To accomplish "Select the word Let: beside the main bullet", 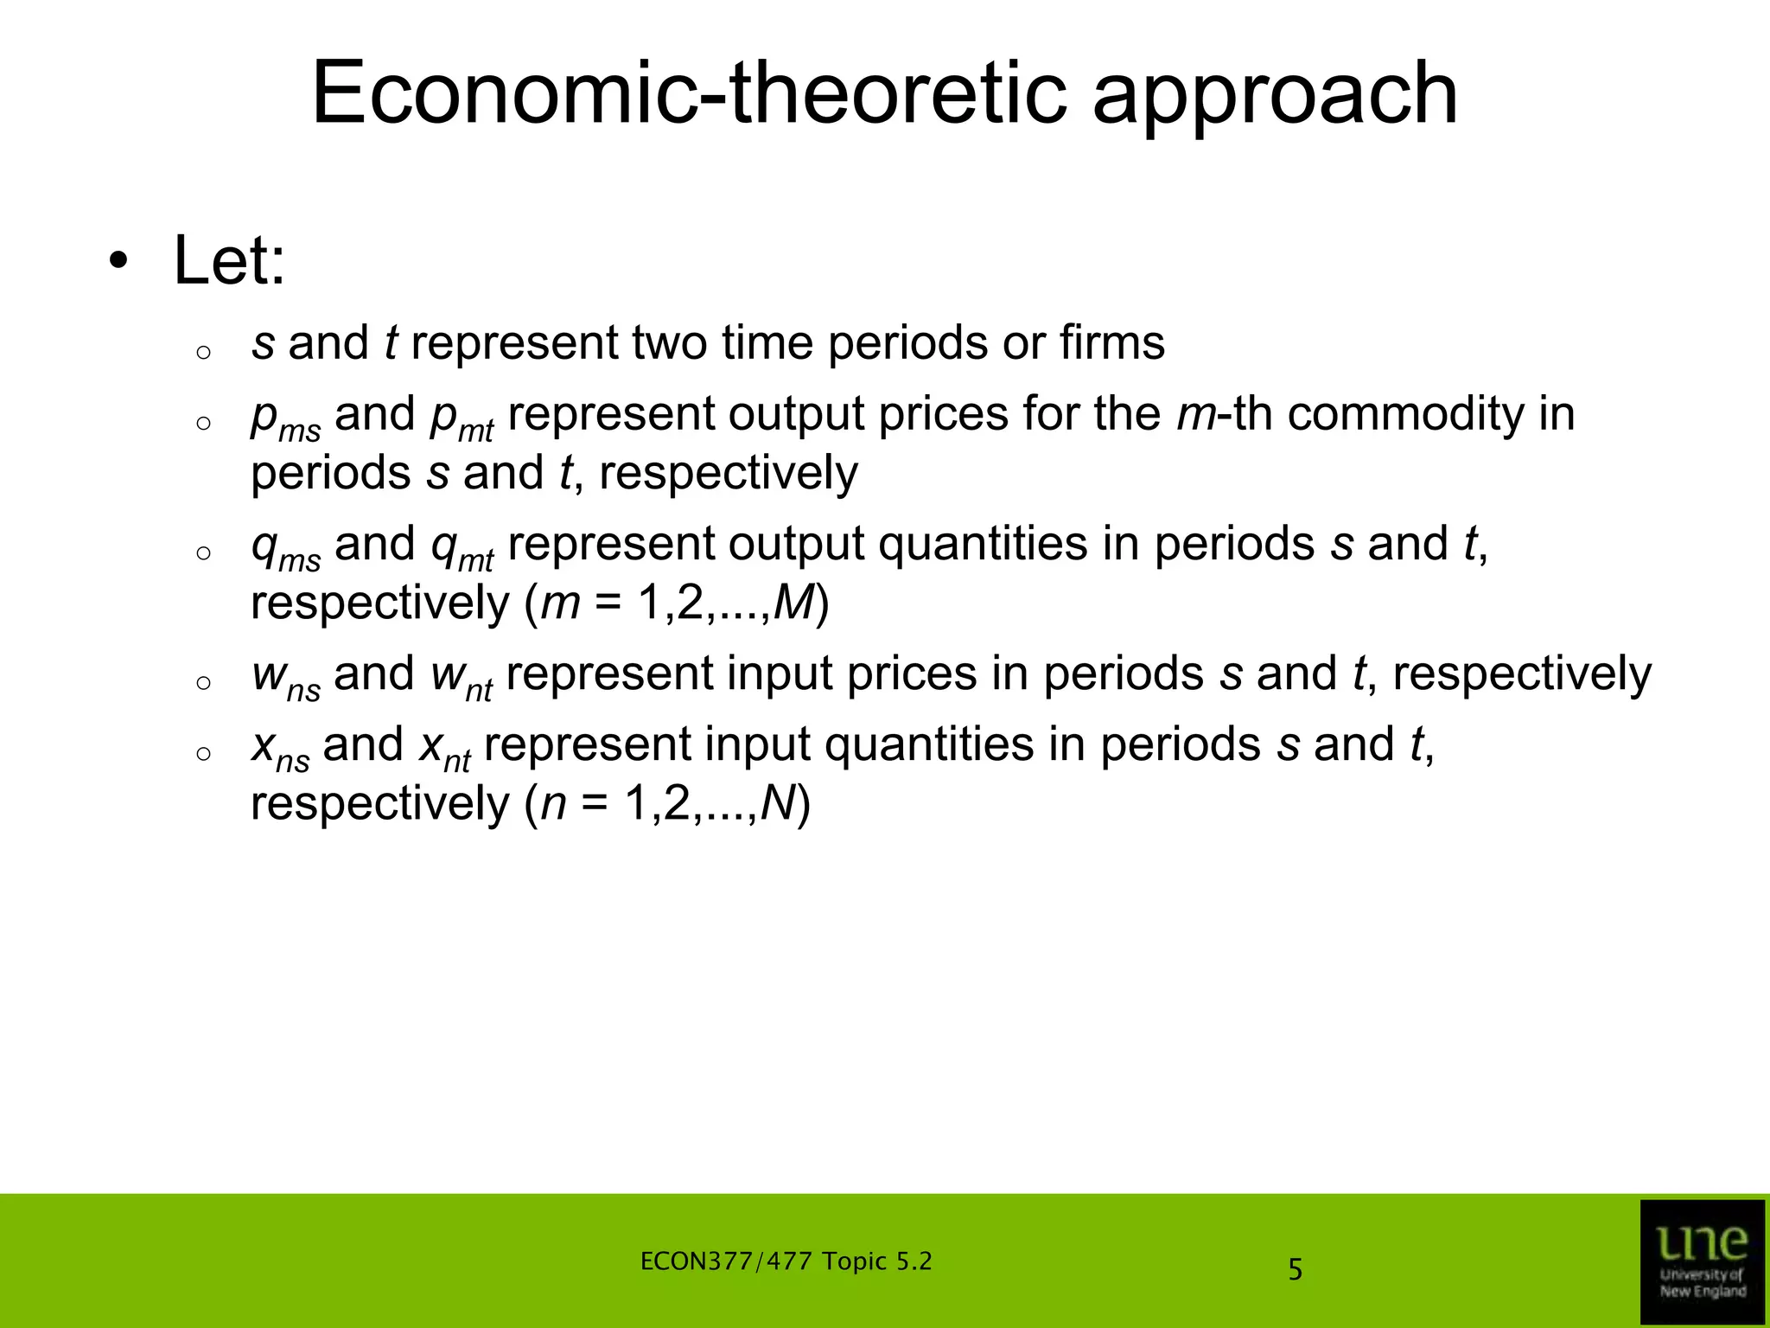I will pyautogui.click(x=229, y=260).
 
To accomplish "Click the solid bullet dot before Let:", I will pyautogui.click(x=118, y=260).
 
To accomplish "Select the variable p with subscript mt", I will pyautogui.click(x=462, y=418).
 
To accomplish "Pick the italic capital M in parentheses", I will pyautogui.click(x=793, y=603).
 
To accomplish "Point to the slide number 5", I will pyautogui.click(x=1295, y=1270).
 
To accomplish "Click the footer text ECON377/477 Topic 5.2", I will pyautogui.click(x=786, y=1261).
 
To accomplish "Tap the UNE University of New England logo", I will pyautogui.click(x=1702, y=1260).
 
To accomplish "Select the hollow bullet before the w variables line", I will pyautogui.click(x=203, y=683).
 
